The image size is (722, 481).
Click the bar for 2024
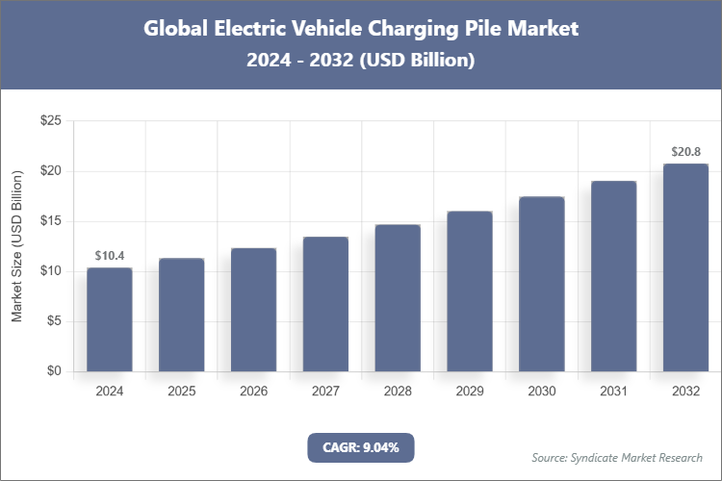(x=109, y=319)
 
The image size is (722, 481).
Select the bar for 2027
(x=325, y=304)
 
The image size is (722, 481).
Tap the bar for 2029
(x=470, y=291)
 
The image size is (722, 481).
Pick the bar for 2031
(x=613, y=276)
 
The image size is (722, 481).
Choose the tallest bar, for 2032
(x=685, y=267)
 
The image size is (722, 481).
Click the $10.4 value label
(x=109, y=256)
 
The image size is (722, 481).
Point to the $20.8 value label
(x=685, y=152)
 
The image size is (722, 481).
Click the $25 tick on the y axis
(x=50, y=121)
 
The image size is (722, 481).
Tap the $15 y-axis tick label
(x=50, y=221)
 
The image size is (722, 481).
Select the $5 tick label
(x=54, y=321)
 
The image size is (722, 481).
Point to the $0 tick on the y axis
(x=54, y=371)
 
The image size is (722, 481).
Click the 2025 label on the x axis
(x=181, y=392)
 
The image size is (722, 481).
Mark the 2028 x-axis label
(x=398, y=392)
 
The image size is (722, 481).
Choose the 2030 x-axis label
(x=541, y=392)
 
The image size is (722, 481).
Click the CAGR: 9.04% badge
(x=360, y=446)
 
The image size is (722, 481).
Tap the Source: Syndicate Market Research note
(x=617, y=457)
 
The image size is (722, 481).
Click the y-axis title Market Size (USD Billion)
(x=16, y=246)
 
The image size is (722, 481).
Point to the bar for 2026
(x=253, y=310)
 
